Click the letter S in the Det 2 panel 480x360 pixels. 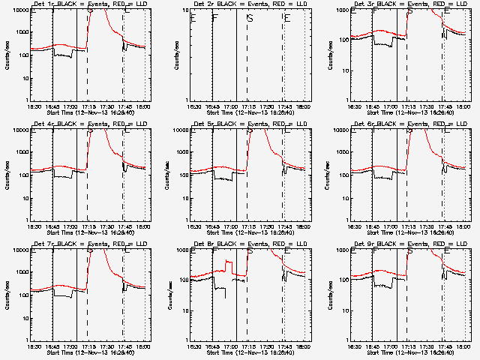pyautogui.click(x=250, y=18)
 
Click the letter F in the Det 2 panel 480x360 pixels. pyautogui.click(x=214, y=18)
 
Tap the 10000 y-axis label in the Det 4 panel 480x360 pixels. pyautogui.click(x=20, y=130)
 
